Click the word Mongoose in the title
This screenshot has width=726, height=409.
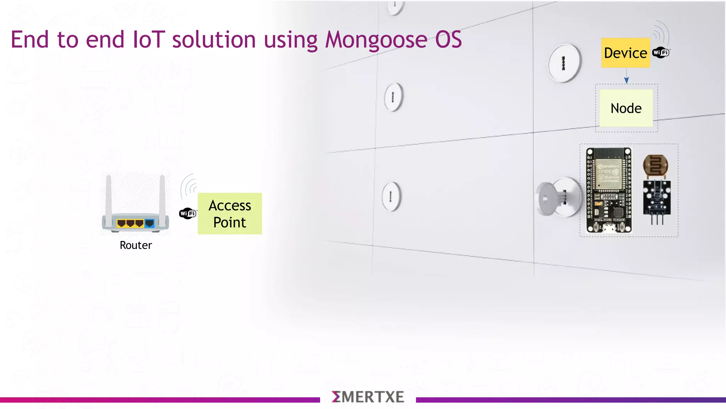click(376, 40)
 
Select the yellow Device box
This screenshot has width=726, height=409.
click(625, 53)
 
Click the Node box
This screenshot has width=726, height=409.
click(626, 108)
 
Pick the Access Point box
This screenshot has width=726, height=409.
click(230, 214)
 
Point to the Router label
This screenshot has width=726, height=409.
click(136, 245)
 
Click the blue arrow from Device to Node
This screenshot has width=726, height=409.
click(626, 76)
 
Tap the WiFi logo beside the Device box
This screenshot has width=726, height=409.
click(661, 53)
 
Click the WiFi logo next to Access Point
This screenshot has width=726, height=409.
click(188, 213)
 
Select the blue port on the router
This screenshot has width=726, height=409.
click(150, 223)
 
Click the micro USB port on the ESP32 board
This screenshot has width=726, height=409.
click(609, 228)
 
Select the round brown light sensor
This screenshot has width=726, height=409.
click(655, 165)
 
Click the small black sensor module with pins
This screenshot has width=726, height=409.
click(657, 197)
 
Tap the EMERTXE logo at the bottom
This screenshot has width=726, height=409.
click(368, 397)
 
